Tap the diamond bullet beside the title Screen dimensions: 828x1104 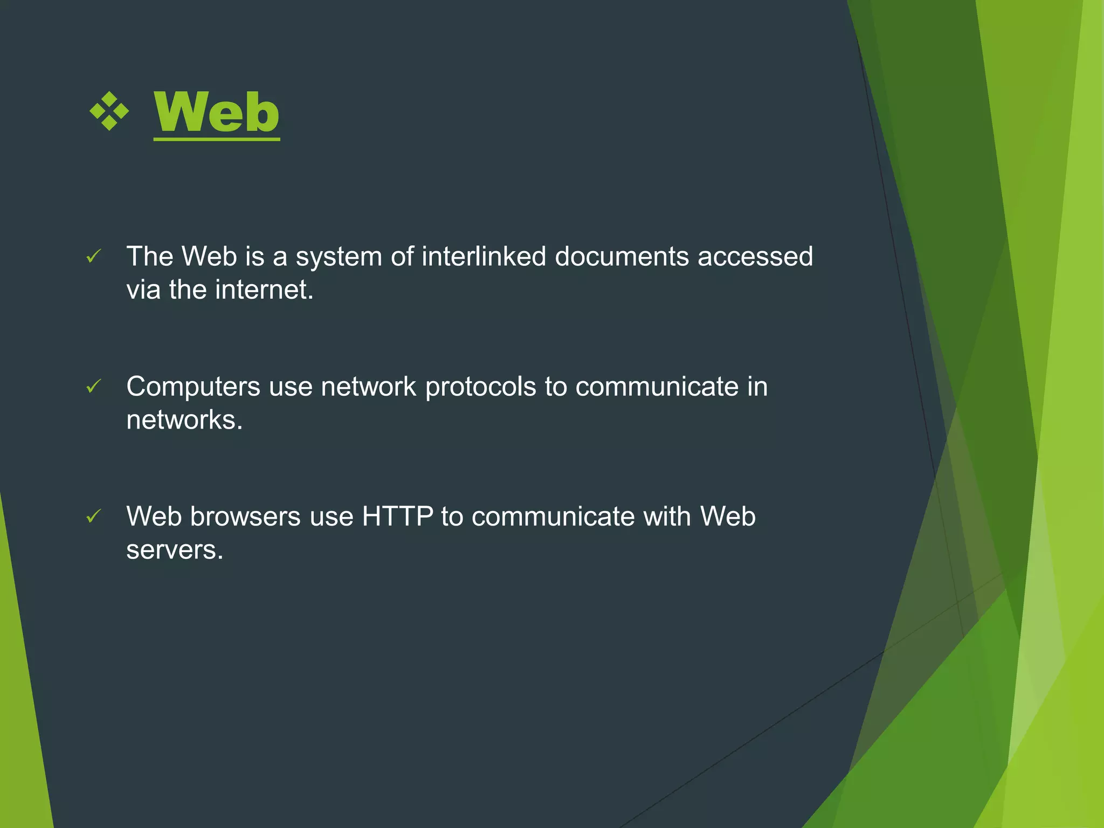(109, 111)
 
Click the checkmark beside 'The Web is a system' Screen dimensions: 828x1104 (94, 257)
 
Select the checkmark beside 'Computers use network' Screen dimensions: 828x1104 (94, 387)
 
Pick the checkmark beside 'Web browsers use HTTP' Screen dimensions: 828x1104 (94, 517)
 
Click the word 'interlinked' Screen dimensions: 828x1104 (484, 256)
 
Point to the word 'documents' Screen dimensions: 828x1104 (622, 256)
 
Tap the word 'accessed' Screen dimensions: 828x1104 (755, 257)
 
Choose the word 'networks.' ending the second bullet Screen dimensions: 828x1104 (184, 420)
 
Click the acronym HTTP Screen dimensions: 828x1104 (397, 516)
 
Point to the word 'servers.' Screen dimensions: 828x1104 (175, 550)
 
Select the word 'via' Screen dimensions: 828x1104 (143, 289)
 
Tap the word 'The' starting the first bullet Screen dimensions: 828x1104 (149, 256)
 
